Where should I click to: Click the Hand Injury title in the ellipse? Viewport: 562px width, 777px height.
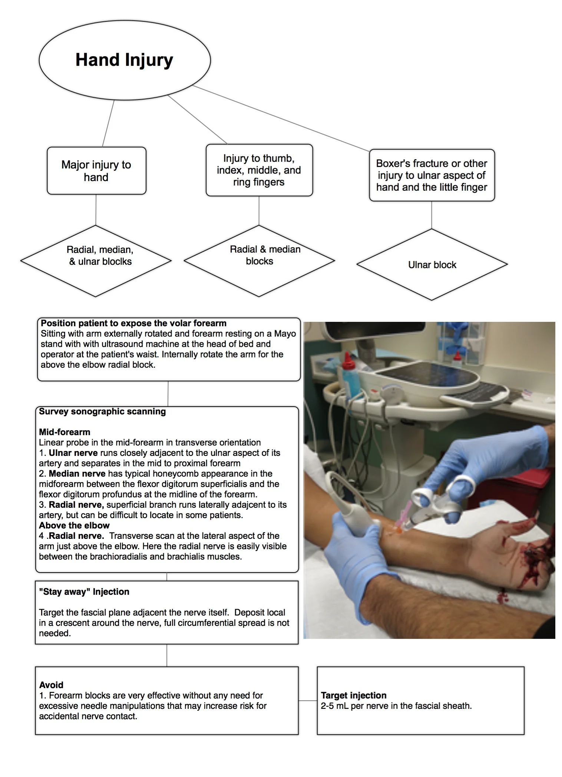(x=124, y=60)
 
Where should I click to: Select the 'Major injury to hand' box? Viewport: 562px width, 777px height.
(x=96, y=171)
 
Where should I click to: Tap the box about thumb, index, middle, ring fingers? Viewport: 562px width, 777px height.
(x=259, y=170)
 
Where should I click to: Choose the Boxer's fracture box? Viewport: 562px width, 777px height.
(x=432, y=175)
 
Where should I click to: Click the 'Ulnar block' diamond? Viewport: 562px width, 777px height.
(x=432, y=265)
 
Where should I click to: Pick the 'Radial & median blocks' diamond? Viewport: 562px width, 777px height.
(x=259, y=260)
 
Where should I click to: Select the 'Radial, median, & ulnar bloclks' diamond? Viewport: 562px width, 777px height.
(x=96, y=260)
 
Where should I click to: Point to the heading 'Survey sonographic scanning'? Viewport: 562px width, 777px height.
(x=102, y=411)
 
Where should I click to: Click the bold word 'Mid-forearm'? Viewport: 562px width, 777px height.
(x=65, y=432)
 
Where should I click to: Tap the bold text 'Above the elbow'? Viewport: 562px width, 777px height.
(x=74, y=526)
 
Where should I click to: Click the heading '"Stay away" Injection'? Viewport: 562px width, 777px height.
(x=84, y=592)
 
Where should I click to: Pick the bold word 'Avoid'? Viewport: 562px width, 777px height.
(x=51, y=685)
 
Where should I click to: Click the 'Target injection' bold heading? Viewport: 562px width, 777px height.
(x=354, y=695)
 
